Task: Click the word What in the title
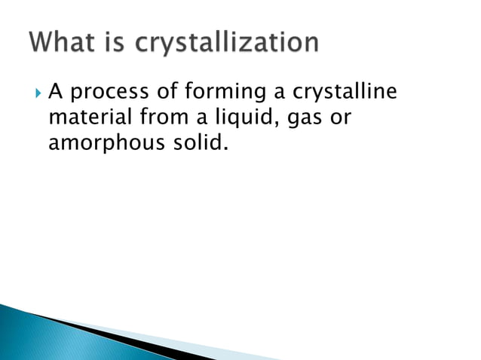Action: (x=67, y=43)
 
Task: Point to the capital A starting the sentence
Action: (x=54, y=93)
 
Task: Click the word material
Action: (x=84, y=119)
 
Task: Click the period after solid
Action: (x=223, y=149)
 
